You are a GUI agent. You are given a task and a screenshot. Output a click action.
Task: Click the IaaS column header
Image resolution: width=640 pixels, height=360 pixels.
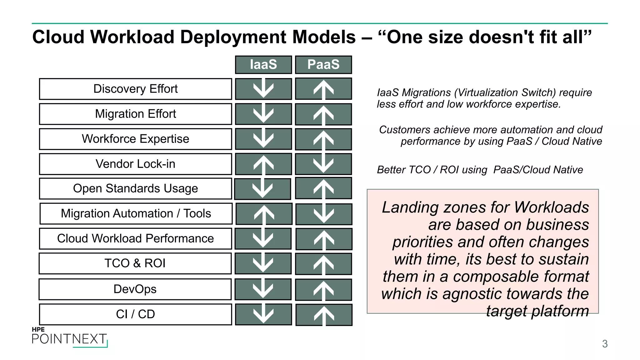coord(263,65)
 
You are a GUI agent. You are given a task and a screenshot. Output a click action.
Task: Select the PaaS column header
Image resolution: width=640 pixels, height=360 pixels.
coord(323,65)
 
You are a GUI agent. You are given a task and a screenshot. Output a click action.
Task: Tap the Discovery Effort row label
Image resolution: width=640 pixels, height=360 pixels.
coord(135,89)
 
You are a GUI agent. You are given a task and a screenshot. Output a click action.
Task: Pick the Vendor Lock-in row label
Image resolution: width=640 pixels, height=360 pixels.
coord(135,164)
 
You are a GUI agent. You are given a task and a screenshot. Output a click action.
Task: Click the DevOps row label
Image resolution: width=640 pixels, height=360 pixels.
coord(135,289)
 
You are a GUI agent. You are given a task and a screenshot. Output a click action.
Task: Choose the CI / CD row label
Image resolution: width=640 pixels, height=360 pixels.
coord(135,314)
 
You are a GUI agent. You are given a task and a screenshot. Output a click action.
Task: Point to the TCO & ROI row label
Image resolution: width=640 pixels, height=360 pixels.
coord(135,263)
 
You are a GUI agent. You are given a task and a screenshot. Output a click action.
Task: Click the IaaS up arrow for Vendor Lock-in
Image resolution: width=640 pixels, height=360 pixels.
coord(263,164)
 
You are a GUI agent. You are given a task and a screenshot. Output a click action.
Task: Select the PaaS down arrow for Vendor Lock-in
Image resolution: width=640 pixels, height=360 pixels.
coord(323,164)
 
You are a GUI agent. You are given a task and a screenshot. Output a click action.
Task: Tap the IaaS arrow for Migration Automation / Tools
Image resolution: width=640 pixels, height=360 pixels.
coord(264,214)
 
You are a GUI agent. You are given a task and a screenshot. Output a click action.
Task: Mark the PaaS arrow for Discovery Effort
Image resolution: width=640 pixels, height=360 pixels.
coord(323,89)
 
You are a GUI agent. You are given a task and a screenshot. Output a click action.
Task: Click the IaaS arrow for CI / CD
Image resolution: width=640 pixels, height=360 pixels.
coord(263,314)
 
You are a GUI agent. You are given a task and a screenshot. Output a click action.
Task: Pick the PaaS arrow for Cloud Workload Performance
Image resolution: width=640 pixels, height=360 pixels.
coord(324,239)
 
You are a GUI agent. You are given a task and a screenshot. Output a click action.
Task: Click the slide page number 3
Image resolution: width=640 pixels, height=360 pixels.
coord(605,344)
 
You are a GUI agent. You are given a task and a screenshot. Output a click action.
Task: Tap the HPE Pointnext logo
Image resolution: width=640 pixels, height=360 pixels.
coord(70,337)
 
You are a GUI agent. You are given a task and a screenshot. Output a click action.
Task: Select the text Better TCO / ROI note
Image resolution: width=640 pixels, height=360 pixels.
coord(480,170)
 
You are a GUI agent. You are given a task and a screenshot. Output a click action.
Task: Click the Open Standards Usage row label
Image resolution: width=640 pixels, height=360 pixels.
coord(135,189)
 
